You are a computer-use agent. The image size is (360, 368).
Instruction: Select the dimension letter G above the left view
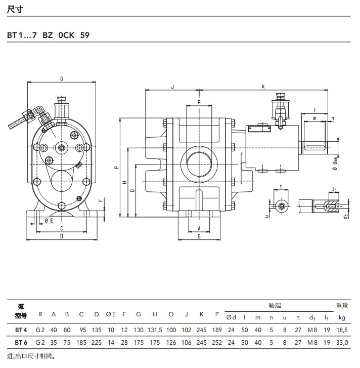[x=61, y=79]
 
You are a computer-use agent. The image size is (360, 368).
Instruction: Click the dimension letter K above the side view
[x=263, y=87]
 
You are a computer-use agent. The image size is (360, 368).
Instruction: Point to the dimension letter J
[x=172, y=87]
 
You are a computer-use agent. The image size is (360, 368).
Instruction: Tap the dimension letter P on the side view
[x=116, y=167]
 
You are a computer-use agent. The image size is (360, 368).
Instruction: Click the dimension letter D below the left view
[x=61, y=236]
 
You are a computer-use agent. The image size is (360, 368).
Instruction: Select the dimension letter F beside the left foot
[x=100, y=200]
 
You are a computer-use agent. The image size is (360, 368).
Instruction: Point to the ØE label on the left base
[x=49, y=221]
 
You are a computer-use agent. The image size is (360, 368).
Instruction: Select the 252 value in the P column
[x=217, y=342]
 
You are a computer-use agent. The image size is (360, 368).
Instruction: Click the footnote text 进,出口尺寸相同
[x=30, y=356]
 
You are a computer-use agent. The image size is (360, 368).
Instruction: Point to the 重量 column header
[x=342, y=305]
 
